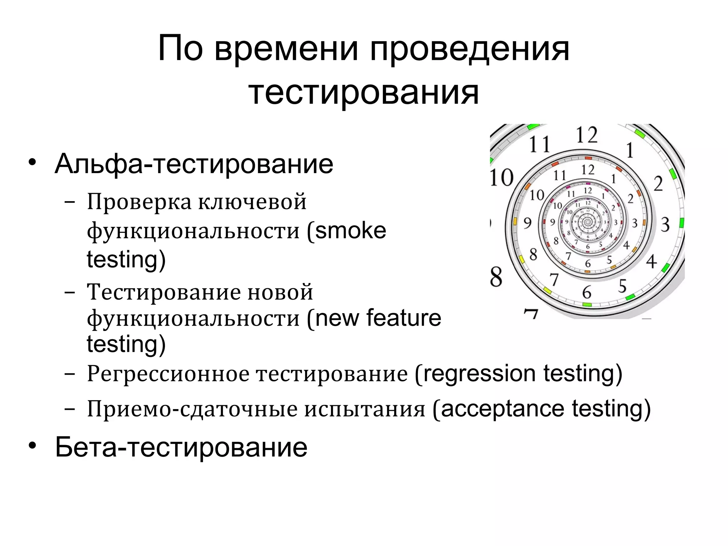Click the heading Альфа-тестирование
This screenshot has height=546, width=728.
click(x=194, y=164)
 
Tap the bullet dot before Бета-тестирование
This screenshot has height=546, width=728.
click(x=32, y=446)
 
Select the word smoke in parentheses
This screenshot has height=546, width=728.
click(x=350, y=231)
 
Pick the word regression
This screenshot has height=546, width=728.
click(x=480, y=374)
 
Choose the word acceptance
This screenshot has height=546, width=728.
click(x=502, y=409)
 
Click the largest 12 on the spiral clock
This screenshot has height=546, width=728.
click(x=587, y=135)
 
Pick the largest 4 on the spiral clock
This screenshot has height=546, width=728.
click(x=651, y=262)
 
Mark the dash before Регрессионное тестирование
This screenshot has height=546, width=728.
click(x=70, y=375)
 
